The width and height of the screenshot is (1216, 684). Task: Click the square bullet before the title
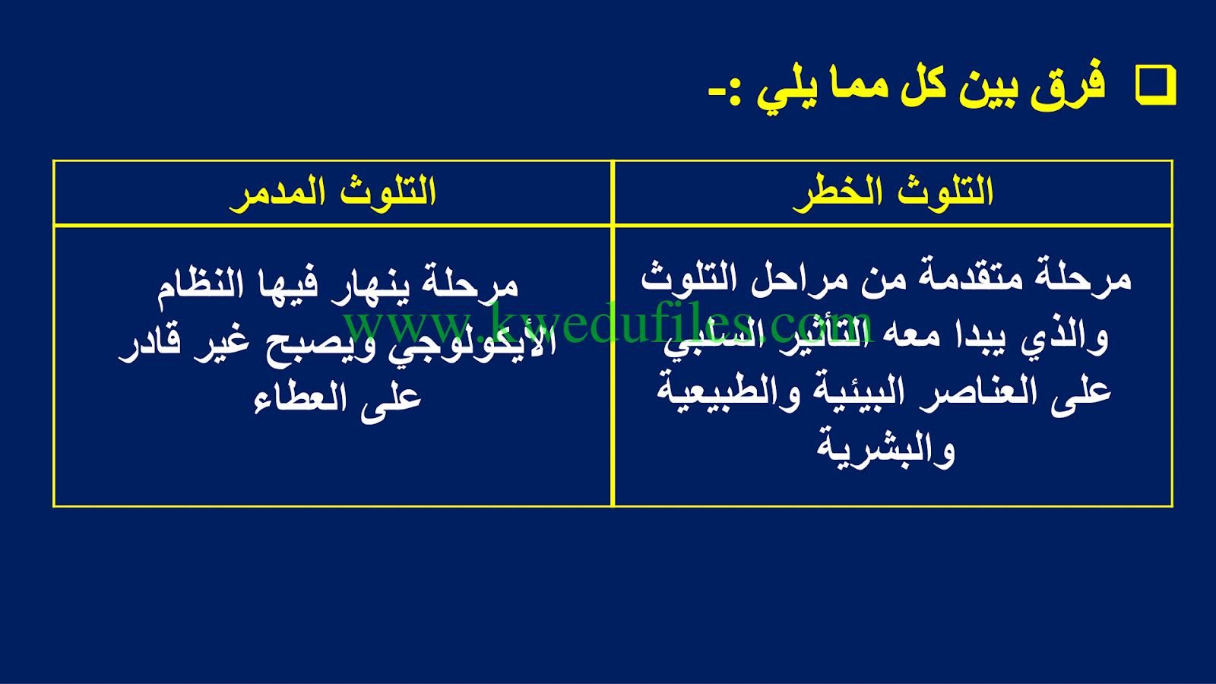[x=1156, y=86]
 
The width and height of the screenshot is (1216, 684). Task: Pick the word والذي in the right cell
[x=1063, y=337]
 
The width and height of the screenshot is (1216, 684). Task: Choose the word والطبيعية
[x=722, y=393]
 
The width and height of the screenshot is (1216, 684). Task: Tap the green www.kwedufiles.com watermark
[x=608, y=322]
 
